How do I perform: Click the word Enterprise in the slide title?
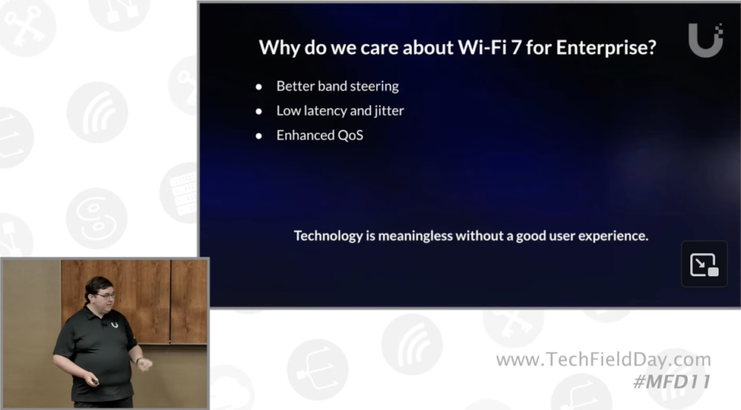tap(606, 48)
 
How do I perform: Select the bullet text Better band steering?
tap(337, 86)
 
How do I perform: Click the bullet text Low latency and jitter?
tap(340, 111)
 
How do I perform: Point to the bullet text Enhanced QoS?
tap(319, 135)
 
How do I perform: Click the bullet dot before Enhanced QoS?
tap(258, 136)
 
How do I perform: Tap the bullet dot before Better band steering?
tap(258, 87)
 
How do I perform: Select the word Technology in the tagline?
tap(328, 236)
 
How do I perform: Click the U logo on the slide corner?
tap(706, 41)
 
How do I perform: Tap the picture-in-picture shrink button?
tap(704, 264)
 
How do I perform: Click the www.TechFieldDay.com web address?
tap(604, 360)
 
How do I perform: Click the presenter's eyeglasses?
tap(106, 296)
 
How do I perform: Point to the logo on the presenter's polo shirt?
tap(114, 325)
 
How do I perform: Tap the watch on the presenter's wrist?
tap(137, 361)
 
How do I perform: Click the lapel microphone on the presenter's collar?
tap(103, 323)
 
